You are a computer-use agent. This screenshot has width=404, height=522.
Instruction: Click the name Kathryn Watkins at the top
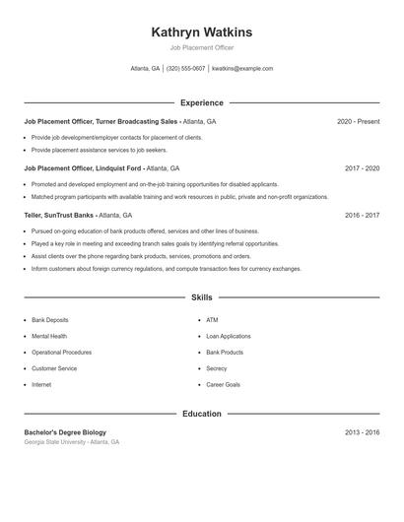201,32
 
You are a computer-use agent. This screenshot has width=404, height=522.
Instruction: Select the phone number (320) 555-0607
185,69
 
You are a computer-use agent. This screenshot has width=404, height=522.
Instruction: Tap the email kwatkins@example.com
242,69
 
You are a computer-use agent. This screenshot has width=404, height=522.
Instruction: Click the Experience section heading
201,102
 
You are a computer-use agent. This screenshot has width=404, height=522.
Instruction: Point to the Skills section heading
201,296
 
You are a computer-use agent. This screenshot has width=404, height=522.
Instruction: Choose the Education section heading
201,414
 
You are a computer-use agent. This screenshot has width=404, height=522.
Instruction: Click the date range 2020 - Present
358,121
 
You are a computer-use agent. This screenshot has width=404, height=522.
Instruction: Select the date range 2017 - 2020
362,168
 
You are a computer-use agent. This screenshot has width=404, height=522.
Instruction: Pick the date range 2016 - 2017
362,215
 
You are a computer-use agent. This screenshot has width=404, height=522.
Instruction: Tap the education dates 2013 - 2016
362,432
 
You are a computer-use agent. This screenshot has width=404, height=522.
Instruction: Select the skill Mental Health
49,336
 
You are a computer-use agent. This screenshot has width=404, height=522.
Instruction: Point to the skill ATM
212,320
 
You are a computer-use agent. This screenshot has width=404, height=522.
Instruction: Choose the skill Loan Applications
228,336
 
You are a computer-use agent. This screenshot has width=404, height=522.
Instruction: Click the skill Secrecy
217,368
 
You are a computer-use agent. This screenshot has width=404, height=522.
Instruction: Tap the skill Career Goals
223,384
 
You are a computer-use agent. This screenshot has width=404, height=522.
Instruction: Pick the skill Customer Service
54,368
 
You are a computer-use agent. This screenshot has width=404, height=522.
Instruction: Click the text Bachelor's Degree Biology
65,432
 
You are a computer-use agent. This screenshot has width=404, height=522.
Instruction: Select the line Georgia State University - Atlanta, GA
72,442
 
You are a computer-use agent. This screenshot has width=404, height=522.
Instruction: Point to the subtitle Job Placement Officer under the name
201,47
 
